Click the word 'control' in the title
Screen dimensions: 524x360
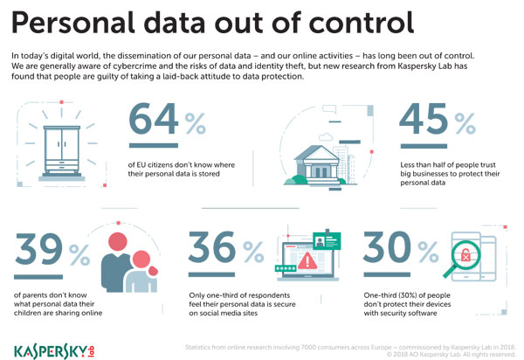point(362,23)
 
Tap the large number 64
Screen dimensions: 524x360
point(154,119)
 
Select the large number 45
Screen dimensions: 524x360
point(424,119)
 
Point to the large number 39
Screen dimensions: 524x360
point(38,249)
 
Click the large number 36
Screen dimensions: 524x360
point(212,246)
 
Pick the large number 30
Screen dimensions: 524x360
point(387,246)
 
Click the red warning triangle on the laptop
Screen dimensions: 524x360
point(307,261)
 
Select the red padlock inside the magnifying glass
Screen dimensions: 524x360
point(465,256)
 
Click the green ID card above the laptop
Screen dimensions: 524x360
point(327,240)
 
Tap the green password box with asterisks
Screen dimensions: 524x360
point(286,268)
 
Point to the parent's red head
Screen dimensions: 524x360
point(118,242)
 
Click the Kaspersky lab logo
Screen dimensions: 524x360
point(54,351)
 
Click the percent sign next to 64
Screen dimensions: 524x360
point(195,123)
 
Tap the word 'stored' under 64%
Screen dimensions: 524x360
point(210,174)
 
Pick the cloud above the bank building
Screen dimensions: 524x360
point(326,136)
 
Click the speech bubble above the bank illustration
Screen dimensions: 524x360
point(329,108)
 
